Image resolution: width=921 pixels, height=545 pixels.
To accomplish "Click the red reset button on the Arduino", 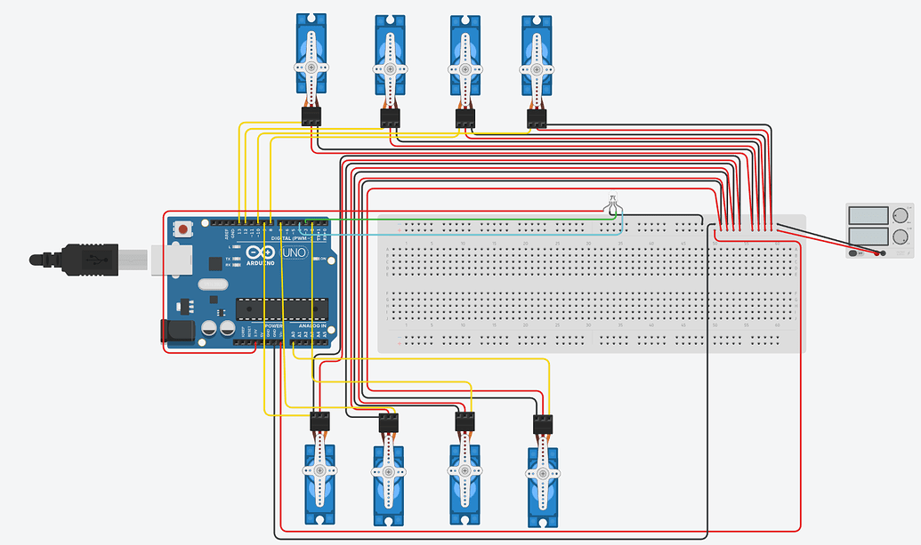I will [183, 229].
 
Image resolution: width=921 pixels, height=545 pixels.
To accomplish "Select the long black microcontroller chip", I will [281, 309].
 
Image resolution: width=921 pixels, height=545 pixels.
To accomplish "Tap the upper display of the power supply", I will [868, 215].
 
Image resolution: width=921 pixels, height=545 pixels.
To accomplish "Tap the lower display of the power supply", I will [868, 237].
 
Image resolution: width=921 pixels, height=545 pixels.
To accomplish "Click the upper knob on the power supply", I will [901, 215].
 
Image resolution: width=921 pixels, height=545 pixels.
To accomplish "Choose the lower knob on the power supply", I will [901, 236].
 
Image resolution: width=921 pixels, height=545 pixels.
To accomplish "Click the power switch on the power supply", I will [854, 253].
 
